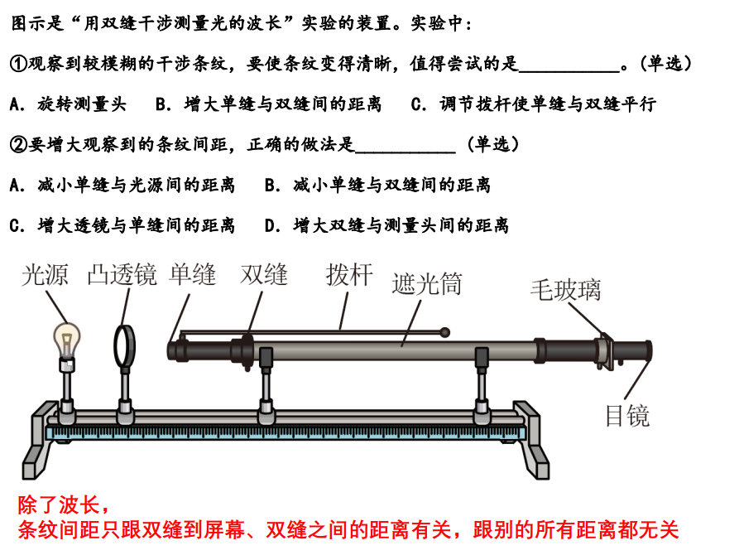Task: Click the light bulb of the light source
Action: tap(67, 340)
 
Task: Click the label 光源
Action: tap(45, 275)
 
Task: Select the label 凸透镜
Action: tap(122, 275)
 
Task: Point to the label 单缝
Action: tap(193, 274)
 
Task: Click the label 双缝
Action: tap(264, 274)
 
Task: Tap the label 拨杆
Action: tap(349, 274)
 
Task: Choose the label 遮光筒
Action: tap(427, 283)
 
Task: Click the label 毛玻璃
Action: tap(565, 290)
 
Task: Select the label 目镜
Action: tap(628, 416)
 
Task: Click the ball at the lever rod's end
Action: tap(444, 333)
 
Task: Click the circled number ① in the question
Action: tap(18, 63)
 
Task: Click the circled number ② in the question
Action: tap(18, 144)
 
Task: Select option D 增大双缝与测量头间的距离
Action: tap(387, 225)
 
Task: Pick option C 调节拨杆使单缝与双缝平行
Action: tap(534, 104)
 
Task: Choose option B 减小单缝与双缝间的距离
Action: tap(378, 185)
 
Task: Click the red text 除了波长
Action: tap(64, 505)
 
